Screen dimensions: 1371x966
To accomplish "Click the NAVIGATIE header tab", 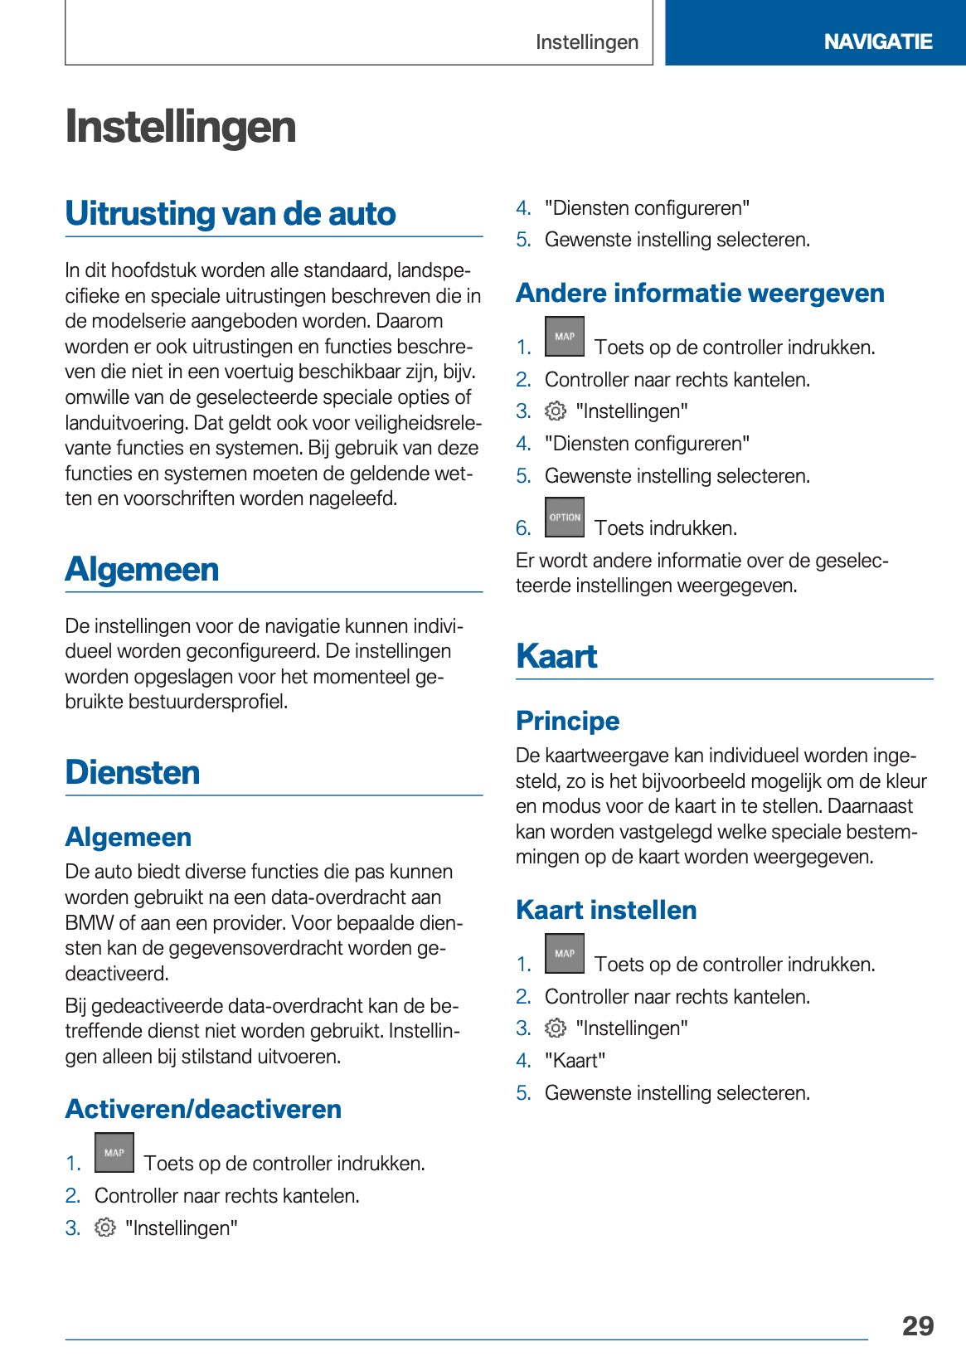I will (877, 41).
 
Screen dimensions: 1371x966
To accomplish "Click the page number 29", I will (917, 1325).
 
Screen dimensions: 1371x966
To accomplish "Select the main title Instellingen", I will (181, 127).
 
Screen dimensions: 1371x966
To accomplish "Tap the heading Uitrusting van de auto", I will (231, 213).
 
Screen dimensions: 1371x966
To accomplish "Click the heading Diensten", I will (133, 772).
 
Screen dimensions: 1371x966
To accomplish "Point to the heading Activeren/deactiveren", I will (203, 1109).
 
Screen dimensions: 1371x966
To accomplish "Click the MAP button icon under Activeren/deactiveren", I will (114, 1153).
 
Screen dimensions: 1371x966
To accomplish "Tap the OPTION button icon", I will (565, 518).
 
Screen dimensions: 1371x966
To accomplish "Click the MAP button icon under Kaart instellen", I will (565, 954).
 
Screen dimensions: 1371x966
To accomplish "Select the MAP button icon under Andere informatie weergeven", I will (565, 337).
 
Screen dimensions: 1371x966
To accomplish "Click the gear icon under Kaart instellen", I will (555, 1028).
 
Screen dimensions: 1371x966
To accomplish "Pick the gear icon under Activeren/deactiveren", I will (104, 1228).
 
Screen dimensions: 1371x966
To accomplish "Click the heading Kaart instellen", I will (606, 910).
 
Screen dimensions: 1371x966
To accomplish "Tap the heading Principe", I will (567, 721).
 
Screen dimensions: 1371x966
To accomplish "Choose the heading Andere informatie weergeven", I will (700, 293).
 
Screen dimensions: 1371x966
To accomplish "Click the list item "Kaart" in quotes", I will (575, 1061).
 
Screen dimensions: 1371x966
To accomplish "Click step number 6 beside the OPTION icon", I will (523, 528).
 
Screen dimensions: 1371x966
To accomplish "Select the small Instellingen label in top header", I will (586, 42).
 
